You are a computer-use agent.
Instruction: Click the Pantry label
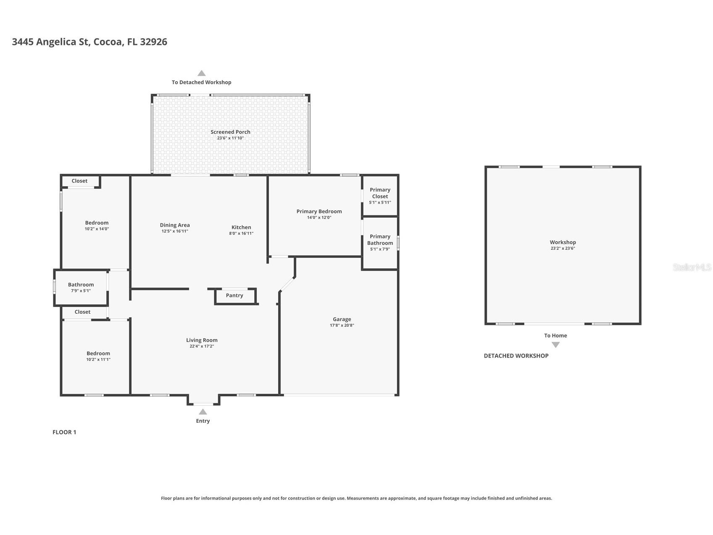pyautogui.click(x=234, y=295)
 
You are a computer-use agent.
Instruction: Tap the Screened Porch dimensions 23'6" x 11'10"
pyautogui.click(x=230, y=138)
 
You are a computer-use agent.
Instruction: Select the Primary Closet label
pyautogui.click(x=380, y=193)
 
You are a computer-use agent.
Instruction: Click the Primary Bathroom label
pyautogui.click(x=380, y=240)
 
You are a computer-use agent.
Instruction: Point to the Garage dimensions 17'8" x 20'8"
pyautogui.click(x=342, y=325)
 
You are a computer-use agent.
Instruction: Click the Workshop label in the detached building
pyautogui.click(x=563, y=242)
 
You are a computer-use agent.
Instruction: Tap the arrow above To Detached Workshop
pyautogui.click(x=202, y=73)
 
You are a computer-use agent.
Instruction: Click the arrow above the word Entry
pyautogui.click(x=203, y=412)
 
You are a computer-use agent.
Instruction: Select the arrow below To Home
pyautogui.click(x=555, y=345)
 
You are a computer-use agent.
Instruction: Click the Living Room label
pyautogui.click(x=202, y=340)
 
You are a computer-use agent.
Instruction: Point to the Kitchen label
pyautogui.click(x=241, y=227)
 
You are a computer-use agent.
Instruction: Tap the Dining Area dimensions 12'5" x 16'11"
pyautogui.click(x=175, y=231)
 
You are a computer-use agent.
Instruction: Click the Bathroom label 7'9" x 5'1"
pyautogui.click(x=81, y=285)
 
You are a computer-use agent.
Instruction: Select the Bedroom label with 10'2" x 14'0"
pyautogui.click(x=97, y=223)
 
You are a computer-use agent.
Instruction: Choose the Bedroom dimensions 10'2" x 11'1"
pyautogui.click(x=98, y=360)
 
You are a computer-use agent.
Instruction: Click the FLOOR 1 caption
pyautogui.click(x=64, y=432)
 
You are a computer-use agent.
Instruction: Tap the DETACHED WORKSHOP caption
pyautogui.click(x=516, y=356)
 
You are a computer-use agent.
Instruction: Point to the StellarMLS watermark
pyautogui.click(x=692, y=267)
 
